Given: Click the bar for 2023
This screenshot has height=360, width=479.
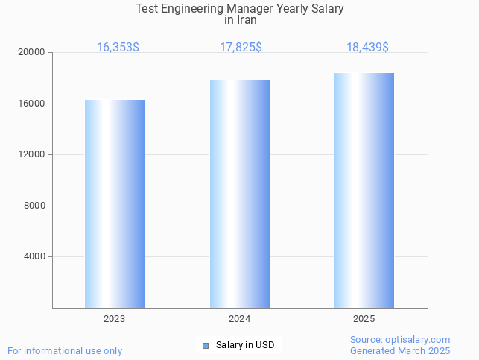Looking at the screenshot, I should coord(115,203).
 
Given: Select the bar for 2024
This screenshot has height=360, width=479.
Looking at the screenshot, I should coord(240,194).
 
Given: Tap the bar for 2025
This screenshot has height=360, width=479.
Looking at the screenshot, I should coord(364,190).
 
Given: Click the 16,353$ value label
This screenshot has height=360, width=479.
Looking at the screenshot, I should coord(118,48).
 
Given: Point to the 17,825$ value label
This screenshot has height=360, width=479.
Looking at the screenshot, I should coord(241,48).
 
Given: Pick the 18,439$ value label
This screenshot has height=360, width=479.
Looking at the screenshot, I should coord(367,48).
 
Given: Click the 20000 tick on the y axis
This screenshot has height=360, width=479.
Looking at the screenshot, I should coord(32,53).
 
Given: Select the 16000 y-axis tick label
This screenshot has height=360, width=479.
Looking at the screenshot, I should coord(32,104).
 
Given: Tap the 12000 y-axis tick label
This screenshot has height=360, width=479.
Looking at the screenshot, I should coord(32,155).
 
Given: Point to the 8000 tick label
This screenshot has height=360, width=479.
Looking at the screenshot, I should coord(35,206).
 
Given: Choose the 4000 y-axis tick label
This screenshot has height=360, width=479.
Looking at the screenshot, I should coord(35,257).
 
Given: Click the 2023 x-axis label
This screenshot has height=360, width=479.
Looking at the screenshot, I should coord(115,319).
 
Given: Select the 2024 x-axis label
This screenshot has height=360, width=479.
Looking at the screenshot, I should coord(240,319).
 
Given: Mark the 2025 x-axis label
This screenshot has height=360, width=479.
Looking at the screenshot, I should coord(364,319).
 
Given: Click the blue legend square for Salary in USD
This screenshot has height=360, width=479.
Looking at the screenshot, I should coord(206,345).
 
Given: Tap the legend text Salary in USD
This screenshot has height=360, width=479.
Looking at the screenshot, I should coord(245,345).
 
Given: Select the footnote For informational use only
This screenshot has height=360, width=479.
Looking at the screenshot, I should coord(65,350).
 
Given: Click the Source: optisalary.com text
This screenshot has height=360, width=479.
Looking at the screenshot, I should coord(400,340).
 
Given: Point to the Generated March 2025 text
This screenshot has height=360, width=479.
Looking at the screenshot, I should coord(400,350).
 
